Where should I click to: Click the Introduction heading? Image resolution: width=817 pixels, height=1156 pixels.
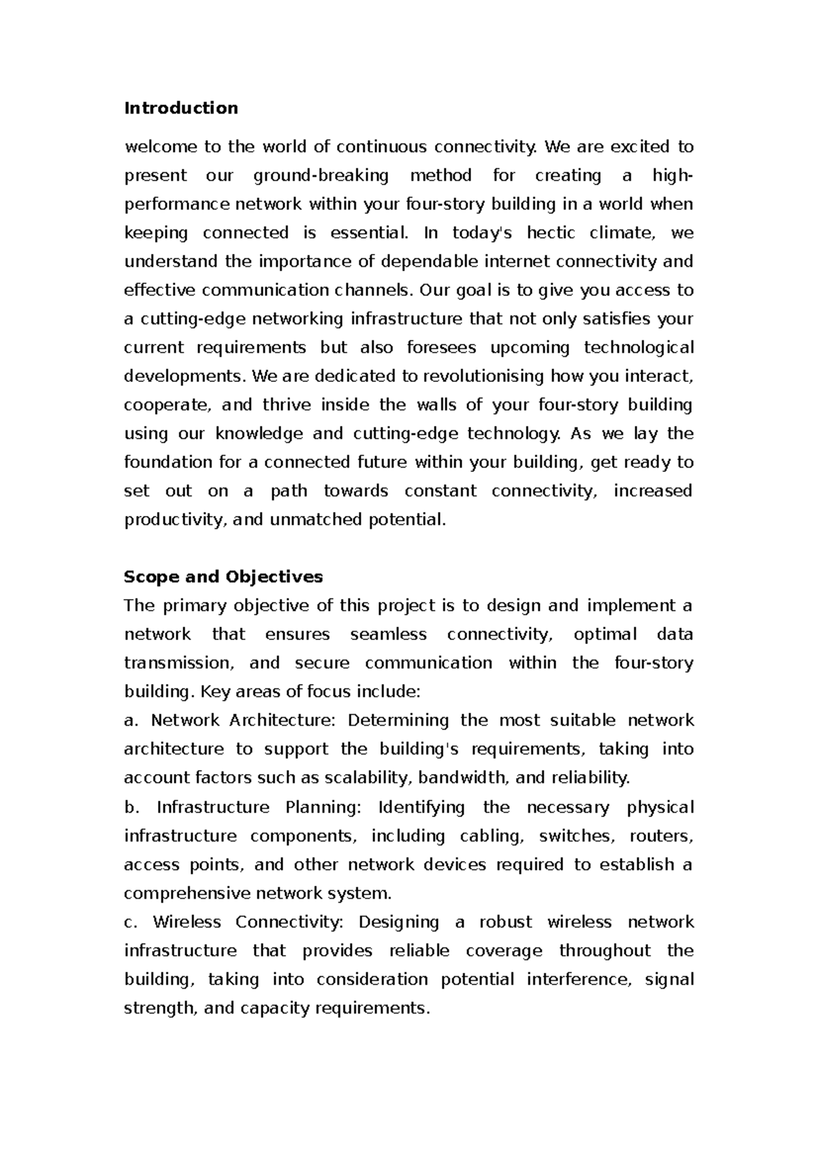[180, 108]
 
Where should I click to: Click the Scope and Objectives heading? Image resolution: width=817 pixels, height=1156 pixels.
[223, 577]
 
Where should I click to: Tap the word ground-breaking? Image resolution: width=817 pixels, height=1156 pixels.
[321, 176]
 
